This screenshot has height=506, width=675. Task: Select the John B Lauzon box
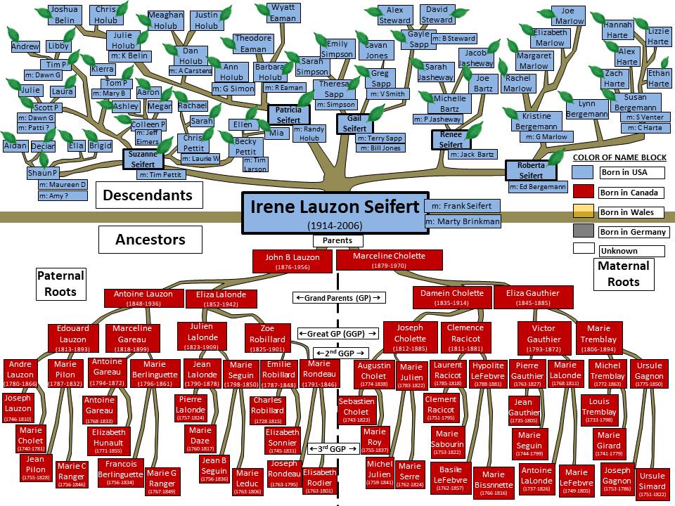tap(292, 261)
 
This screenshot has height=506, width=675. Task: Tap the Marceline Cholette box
tap(390, 261)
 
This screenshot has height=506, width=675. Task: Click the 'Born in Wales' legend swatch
tap(584, 212)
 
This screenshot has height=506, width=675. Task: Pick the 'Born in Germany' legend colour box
tap(584, 231)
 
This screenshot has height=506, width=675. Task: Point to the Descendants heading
tap(148, 194)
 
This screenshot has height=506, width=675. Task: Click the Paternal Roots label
tap(60, 283)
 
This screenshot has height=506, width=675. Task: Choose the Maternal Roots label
tap(619, 273)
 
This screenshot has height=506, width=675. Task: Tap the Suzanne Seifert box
tap(143, 159)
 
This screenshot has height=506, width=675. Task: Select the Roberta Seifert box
tap(531, 170)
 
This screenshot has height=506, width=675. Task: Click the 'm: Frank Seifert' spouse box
tap(463, 206)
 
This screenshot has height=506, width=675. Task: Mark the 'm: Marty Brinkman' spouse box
tap(463, 221)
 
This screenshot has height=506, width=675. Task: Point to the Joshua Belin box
tap(65, 15)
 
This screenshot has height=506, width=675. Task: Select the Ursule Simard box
tap(650, 485)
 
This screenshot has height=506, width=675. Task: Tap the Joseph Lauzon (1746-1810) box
tap(18, 408)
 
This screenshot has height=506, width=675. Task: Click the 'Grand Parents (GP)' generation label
tap(339, 298)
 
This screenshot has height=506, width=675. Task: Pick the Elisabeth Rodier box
tap(320, 481)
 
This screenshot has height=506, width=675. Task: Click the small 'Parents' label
tap(337, 240)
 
